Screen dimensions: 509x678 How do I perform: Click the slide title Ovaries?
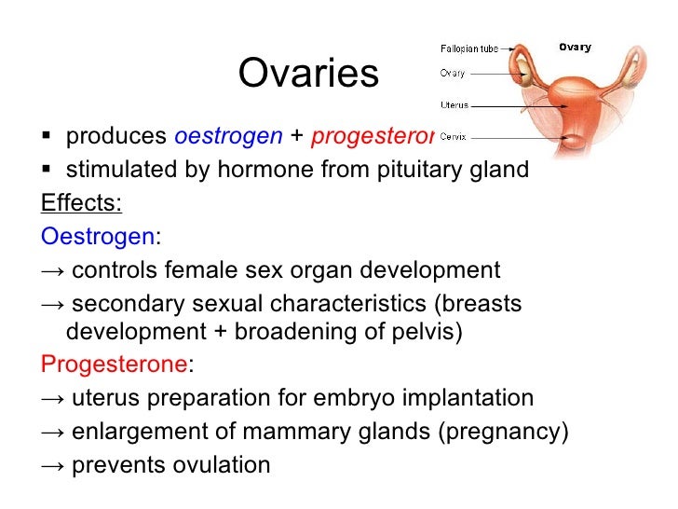click(x=308, y=75)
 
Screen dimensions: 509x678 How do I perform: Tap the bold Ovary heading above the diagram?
click(x=574, y=47)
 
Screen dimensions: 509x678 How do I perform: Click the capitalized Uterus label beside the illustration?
click(x=454, y=105)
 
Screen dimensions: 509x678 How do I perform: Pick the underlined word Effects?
click(x=81, y=203)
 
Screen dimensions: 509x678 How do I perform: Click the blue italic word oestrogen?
click(x=228, y=136)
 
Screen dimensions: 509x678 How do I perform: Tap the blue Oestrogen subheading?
click(x=98, y=237)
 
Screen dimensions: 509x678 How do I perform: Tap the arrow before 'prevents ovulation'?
click(x=53, y=465)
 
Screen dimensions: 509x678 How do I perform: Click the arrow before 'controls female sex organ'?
click(x=53, y=271)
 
